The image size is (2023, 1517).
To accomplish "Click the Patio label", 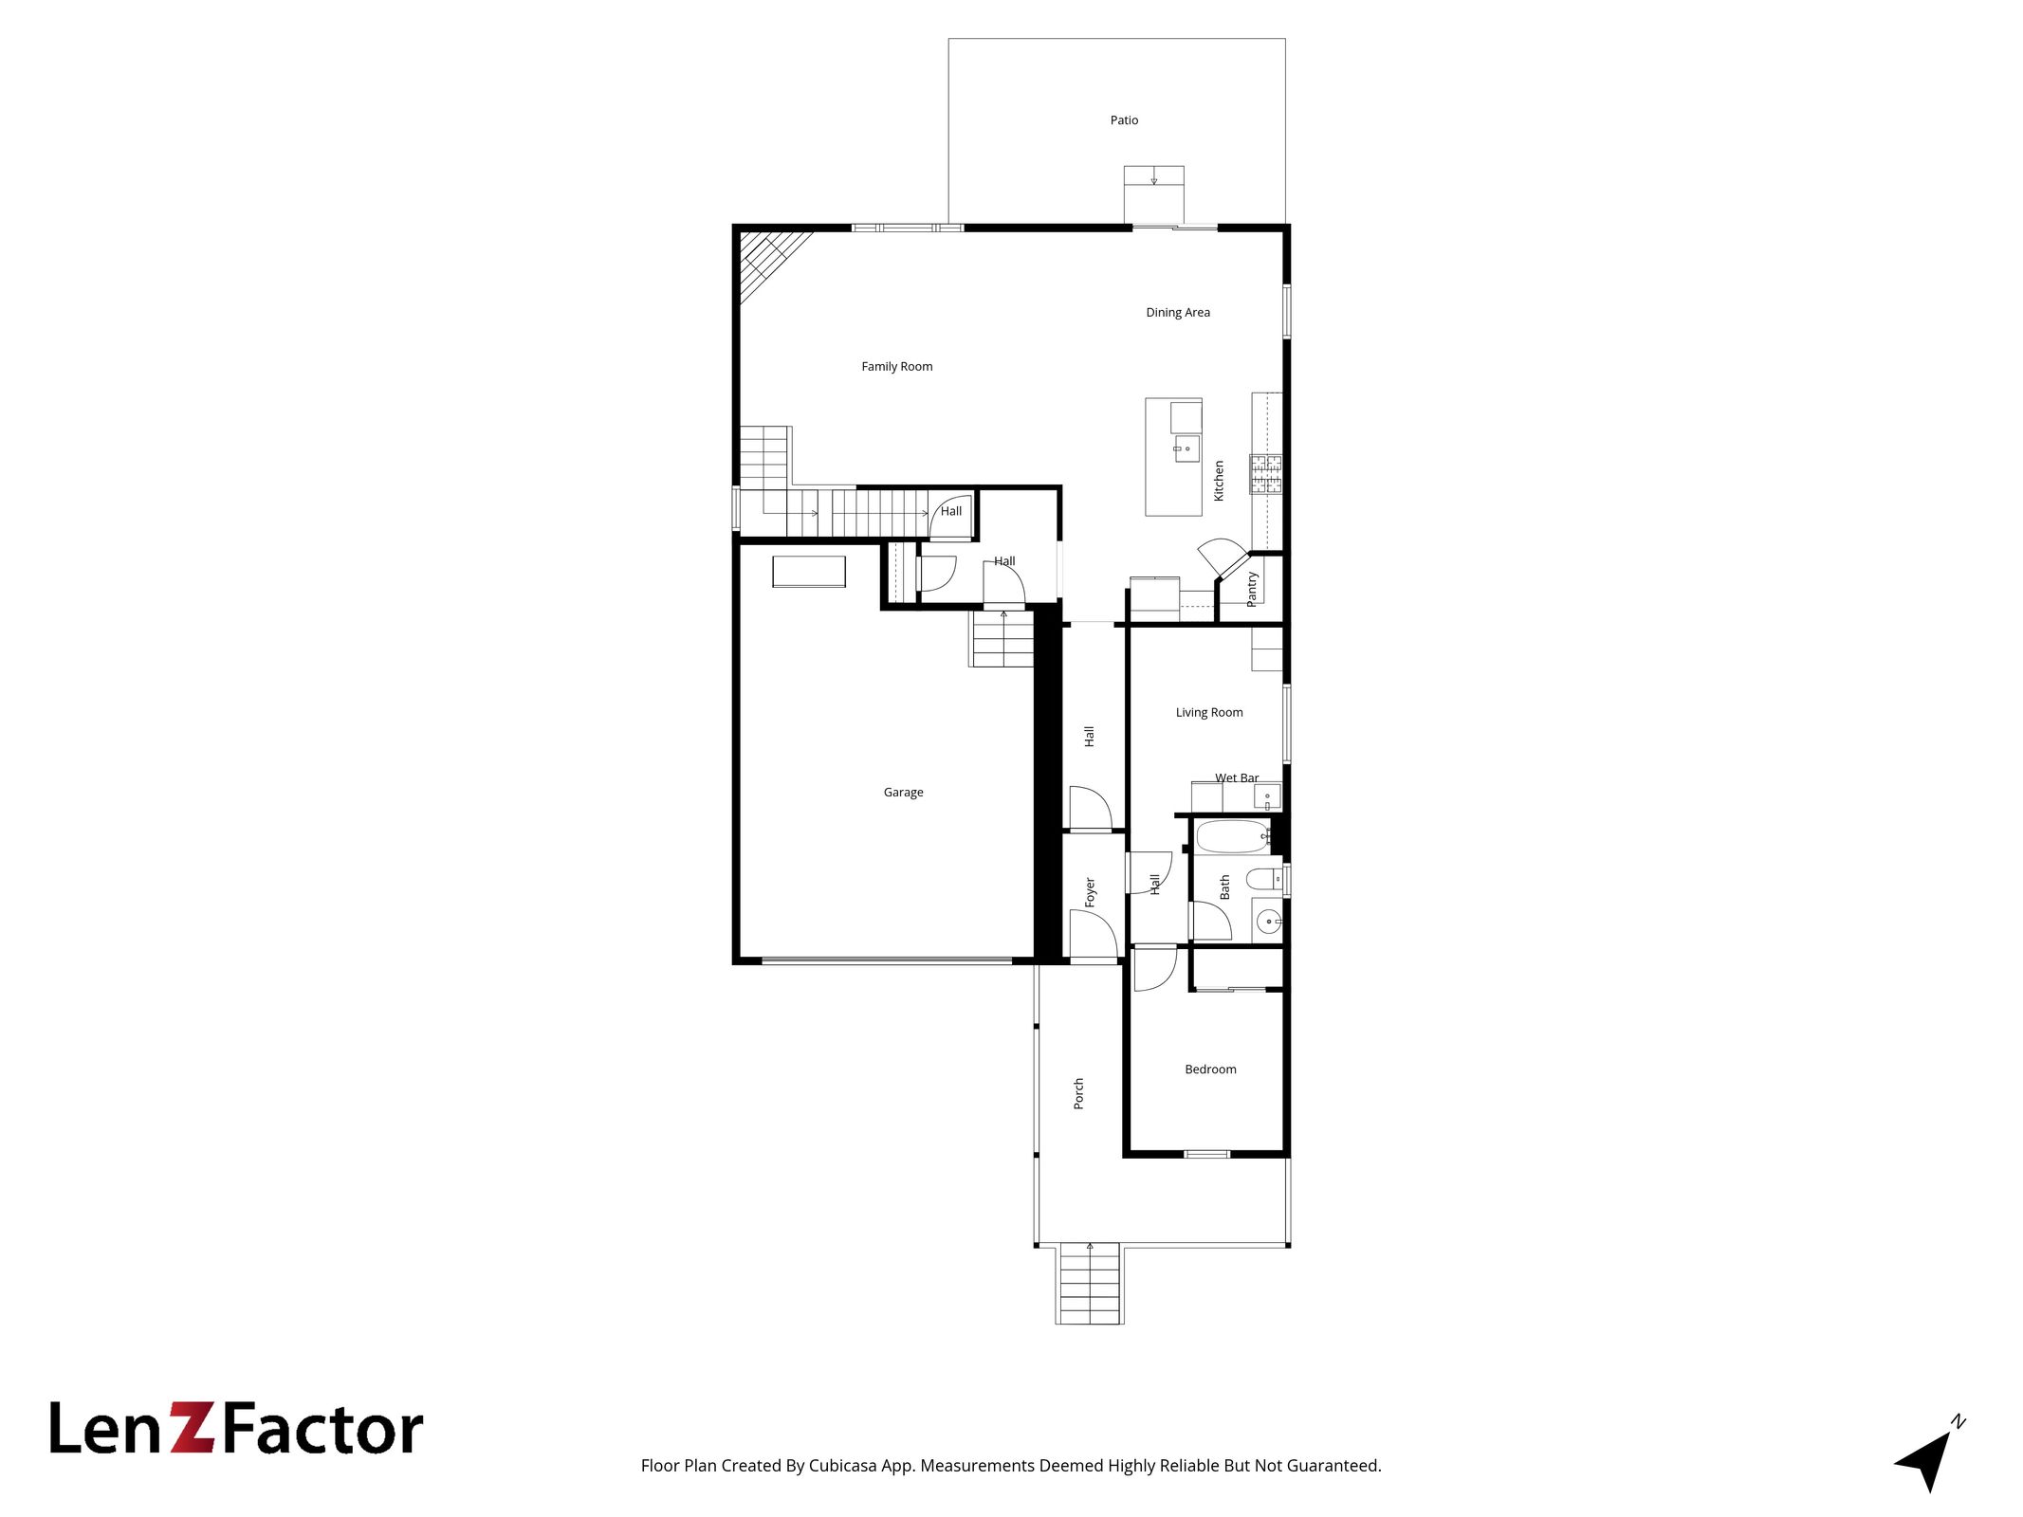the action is [1124, 120].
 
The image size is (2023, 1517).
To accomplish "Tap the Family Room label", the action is [896, 367].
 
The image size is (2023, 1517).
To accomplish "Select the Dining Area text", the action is [1177, 313].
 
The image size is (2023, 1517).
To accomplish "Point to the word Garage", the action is [903, 793].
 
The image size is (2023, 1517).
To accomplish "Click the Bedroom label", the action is [1210, 1069].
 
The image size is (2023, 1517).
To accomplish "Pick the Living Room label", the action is [1209, 713].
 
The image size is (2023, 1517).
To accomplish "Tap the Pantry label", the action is [1252, 589].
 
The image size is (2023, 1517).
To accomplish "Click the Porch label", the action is [1078, 1093].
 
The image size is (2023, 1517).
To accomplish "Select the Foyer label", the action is [1090, 892].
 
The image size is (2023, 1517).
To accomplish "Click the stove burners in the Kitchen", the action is [1265, 475].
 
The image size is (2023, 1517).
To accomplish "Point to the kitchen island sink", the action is [1186, 448].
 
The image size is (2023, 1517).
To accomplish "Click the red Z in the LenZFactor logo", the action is [193, 1428].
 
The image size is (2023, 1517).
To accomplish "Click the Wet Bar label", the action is [1237, 778].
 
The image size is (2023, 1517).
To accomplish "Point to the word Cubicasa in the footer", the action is [843, 1466].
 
